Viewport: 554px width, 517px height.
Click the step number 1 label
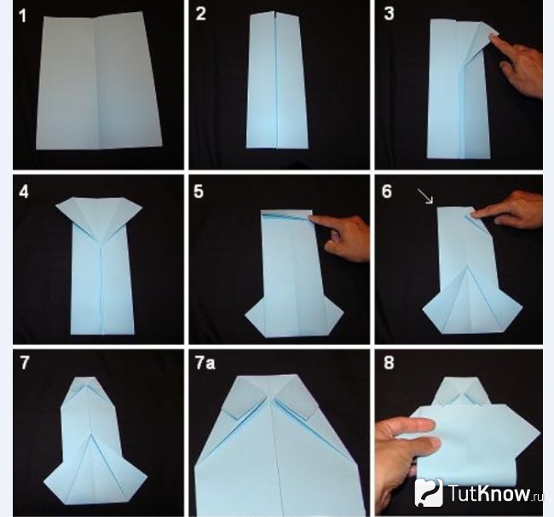coord(23,16)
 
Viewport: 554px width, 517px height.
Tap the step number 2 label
coord(200,14)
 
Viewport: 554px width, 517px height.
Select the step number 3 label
coord(389,14)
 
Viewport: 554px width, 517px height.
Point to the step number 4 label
coord(24,192)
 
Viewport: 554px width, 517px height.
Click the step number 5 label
coord(199,191)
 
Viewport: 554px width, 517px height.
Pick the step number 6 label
coord(387,191)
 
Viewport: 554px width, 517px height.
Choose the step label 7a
coord(205,363)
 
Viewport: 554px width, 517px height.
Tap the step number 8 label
coord(389,363)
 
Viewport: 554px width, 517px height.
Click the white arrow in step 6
coord(425,196)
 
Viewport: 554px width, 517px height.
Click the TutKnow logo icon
coord(429,492)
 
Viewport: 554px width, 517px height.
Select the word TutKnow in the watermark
coord(489,492)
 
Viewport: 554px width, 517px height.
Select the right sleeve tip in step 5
coord(343,313)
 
